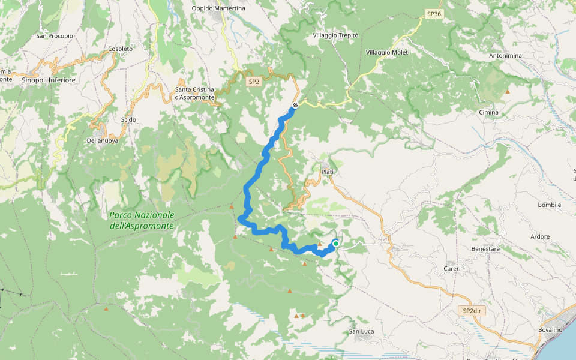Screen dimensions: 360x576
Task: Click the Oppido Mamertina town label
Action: click(x=218, y=8)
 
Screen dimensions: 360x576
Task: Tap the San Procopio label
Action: click(x=55, y=36)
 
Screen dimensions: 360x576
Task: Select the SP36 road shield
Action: click(x=433, y=13)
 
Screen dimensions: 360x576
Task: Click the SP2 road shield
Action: click(x=254, y=81)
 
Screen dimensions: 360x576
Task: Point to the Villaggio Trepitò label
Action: click(x=335, y=36)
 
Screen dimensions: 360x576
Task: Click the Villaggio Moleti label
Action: click(x=388, y=53)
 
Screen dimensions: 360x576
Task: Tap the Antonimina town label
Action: click(x=505, y=56)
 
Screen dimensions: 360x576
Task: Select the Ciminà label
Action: click(x=488, y=113)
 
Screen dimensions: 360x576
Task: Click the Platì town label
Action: click(x=327, y=172)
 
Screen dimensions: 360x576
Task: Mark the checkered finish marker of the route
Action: click(x=295, y=106)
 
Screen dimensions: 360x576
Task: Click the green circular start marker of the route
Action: click(x=335, y=243)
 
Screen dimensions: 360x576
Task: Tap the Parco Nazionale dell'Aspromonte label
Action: click(x=142, y=220)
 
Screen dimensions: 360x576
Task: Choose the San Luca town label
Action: click(x=362, y=331)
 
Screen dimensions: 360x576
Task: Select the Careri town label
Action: click(x=452, y=268)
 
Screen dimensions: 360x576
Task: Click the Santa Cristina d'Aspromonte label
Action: click(x=194, y=94)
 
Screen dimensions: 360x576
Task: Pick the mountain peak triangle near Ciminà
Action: click(x=508, y=92)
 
